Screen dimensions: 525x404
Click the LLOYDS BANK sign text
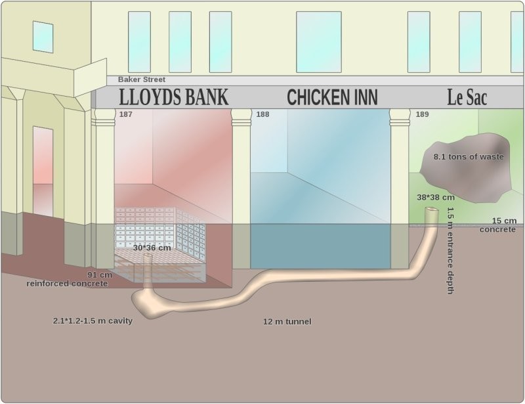tap(173, 97)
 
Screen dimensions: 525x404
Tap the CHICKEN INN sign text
tap(332, 97)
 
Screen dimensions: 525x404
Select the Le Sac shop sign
tap(467, 97)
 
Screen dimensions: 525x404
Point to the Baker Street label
tap(142, 79)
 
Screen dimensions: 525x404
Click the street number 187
tap(125, 114)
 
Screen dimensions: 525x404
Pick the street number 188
tap(262, 114)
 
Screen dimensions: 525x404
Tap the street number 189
tap(422, 114)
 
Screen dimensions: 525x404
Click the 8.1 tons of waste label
tap(469, 156)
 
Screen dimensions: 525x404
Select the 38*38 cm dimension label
tap(436, 198)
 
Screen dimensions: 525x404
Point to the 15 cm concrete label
tap(498, 225)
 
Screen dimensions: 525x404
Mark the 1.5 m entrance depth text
tap(450, 250)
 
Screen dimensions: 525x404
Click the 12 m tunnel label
tap(287, 321)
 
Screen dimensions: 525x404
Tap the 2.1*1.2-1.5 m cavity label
tap(93, 321)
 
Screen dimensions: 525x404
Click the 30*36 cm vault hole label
tap(152, 248)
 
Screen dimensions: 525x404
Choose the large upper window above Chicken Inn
tap(319, 42)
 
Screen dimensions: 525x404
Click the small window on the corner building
tap(43, 37)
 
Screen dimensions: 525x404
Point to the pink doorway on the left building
tap(43, 171)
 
